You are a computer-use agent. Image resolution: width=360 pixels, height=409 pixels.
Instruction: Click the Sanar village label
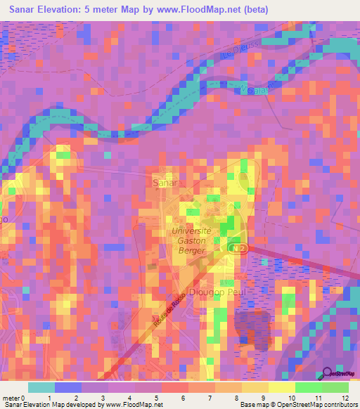pyautogui.click(x=166, y=181)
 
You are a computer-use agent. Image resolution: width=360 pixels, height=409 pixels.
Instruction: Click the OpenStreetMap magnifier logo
pyautogui.click(x=327, y=375)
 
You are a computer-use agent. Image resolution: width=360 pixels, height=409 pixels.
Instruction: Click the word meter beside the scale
pyautogui.click(x=10, y=398)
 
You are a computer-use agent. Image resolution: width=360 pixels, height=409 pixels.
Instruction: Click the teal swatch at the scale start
pyautogui.click(x=41, y=387)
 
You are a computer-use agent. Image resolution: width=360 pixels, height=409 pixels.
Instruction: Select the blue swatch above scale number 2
pyautogui.click(x=68, y=387)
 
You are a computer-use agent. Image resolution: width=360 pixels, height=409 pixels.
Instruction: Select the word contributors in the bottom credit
pyautogui.click(x=337, y=405)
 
